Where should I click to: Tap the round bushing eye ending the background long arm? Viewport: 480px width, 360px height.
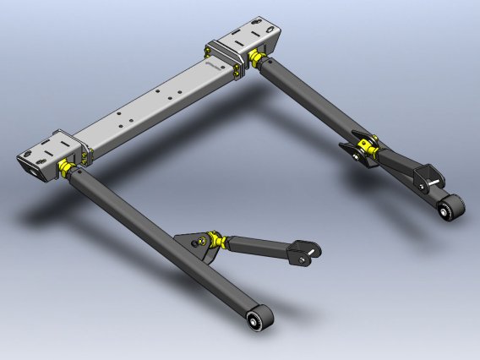click(x=453, y=206)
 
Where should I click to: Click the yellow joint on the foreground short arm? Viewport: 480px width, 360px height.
click(x=219, y=243)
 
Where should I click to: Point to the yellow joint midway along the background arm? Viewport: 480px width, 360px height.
click(x=364, y=147)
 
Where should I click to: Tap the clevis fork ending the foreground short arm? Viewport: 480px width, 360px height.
click(x=304, y=253)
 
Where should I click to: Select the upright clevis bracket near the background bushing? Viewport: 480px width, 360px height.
click(x=428, y=177)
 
